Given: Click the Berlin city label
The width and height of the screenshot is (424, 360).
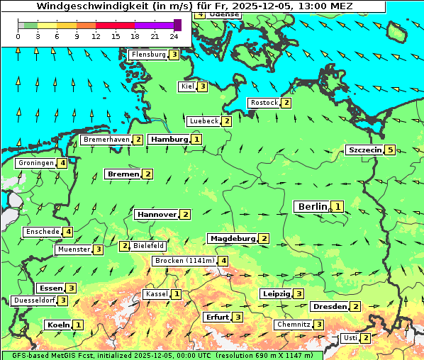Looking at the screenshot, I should (313, 206).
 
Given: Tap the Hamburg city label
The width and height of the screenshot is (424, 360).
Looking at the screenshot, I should (168, 140).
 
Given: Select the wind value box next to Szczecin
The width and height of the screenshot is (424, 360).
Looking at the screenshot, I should (390, 150).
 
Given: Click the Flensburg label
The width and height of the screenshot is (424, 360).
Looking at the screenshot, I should (148, 55).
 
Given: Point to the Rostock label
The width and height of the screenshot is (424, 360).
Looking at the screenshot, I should (264, 103).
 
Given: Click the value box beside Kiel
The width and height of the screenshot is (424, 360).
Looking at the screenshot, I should (203, 86).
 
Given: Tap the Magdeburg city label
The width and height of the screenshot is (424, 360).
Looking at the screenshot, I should (232, 238).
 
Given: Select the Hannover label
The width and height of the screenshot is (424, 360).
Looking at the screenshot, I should (157, 214).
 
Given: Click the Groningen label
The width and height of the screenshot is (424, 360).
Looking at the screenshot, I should (35, 163).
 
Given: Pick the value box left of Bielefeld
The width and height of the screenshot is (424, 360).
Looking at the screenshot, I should (125, 246).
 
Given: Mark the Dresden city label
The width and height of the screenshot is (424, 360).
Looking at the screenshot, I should (329, 306).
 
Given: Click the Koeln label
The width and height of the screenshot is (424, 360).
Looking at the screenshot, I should (57, 325).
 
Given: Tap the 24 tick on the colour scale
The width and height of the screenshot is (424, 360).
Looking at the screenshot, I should (174, 35).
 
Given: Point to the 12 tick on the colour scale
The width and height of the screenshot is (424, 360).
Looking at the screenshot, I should (96, 35).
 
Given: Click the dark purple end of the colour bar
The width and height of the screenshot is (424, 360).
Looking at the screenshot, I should (177, 25).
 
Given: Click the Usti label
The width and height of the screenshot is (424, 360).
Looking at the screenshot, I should (350, 338).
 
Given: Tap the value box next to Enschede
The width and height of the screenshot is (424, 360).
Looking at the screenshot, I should (68, 232).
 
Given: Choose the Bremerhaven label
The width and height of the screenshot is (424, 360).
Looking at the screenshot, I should (106, 140).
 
